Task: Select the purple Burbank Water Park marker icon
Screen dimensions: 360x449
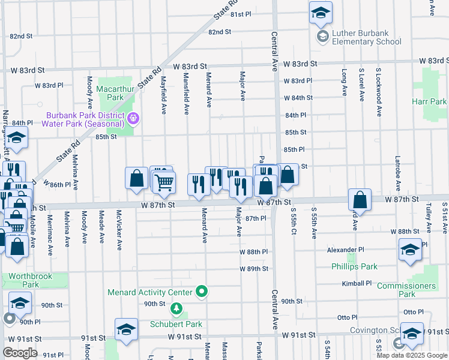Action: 134,120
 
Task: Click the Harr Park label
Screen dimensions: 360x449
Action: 429,102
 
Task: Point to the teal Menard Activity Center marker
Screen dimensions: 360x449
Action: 202,292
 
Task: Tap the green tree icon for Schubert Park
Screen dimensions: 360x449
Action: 176,310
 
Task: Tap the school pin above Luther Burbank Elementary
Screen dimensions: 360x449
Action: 321,12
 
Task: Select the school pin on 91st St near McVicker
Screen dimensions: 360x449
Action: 126,329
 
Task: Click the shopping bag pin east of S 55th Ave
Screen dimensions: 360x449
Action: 360,199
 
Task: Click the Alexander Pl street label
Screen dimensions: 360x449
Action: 346,250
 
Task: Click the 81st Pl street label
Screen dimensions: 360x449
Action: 240,14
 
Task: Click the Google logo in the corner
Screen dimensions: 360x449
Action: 20,352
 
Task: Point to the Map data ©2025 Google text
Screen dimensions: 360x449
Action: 412,355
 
